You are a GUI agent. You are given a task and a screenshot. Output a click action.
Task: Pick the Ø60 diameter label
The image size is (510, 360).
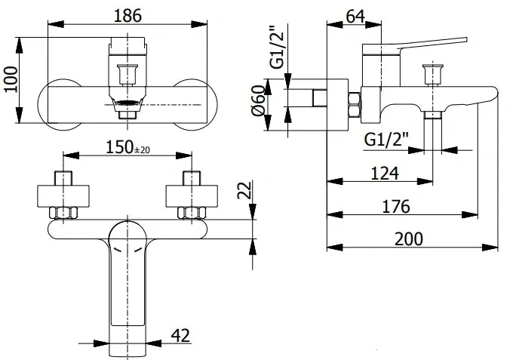coord(258,100)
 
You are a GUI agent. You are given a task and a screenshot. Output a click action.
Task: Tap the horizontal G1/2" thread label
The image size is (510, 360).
coord(386,140)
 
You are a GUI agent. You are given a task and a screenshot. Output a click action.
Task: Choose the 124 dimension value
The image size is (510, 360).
coord(385,174)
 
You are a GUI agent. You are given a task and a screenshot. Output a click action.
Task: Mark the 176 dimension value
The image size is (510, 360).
coord(396,206)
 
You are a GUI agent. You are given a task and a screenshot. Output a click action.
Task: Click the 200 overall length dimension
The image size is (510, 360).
coord(408,238)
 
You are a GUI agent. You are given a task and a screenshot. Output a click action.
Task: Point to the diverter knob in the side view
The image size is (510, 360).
coord(432,73)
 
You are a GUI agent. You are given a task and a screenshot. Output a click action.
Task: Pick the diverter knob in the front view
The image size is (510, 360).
coord(127,75)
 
